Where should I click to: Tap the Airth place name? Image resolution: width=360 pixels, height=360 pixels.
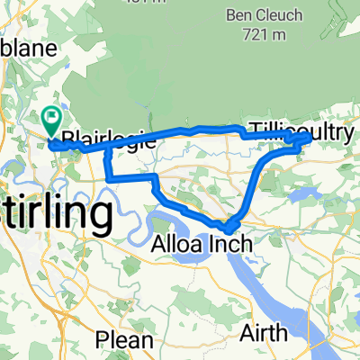(x=265, y=333)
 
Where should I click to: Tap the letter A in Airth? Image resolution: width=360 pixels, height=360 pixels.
(x=247, y=333)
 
